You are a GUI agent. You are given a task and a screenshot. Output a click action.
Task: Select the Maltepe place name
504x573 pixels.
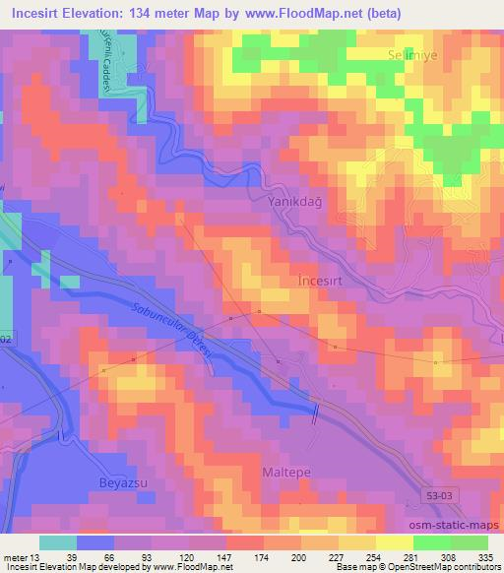click(286, 473)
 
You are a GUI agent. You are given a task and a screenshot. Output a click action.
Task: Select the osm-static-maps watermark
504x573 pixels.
click(454, 526)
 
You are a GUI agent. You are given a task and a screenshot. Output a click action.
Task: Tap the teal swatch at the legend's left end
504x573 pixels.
click(57, 542)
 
